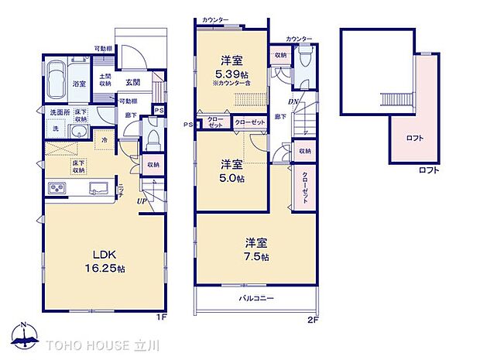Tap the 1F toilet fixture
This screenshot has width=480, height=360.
(153, 141)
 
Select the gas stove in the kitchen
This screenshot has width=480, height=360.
(58, 187)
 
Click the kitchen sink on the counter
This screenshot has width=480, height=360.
(99, 187)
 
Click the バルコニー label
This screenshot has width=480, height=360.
(255, 297)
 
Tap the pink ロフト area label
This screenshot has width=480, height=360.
(415, 138)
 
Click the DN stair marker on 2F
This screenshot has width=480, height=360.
(291, 101)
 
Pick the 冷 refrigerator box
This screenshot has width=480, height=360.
(105, 140)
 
